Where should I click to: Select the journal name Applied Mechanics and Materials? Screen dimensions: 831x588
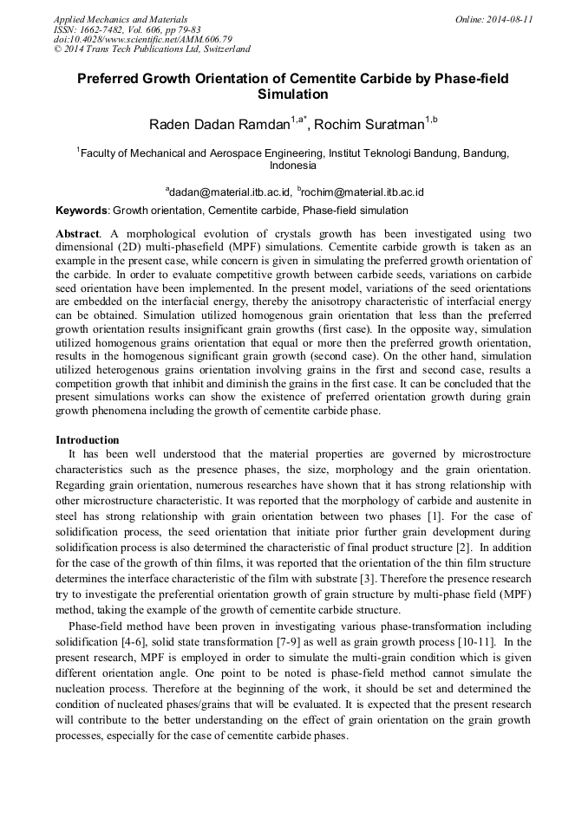click(121, 19)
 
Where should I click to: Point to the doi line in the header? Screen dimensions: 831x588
click(143, 39)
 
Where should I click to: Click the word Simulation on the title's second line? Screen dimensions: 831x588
click(293, 94)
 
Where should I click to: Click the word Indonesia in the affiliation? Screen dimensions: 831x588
click(293, 165)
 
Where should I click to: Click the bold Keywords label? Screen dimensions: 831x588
click(82, 211)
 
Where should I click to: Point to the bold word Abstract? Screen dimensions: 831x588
click(76, 234)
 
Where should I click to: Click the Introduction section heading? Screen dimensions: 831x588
click(88, 440)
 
